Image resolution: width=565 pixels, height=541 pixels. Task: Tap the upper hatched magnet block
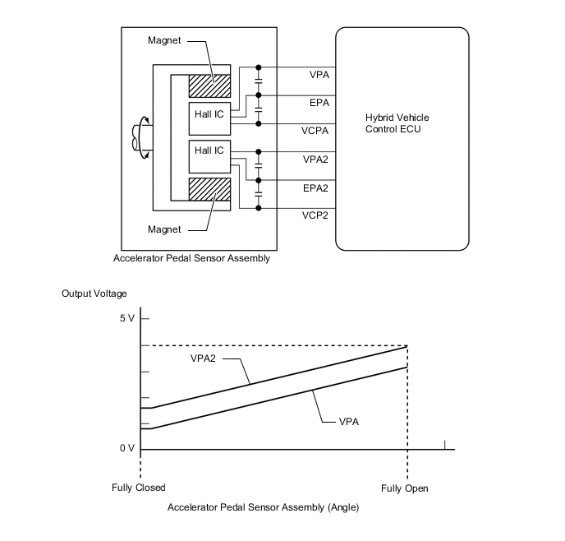tap(210, 86)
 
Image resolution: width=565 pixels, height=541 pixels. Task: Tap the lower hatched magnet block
tap(210, 188)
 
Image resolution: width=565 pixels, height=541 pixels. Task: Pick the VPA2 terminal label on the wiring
tap(315, 159)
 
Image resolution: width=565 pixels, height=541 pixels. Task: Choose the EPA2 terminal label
tap(315, 187)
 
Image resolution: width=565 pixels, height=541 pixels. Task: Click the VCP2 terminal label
tap(315, 215)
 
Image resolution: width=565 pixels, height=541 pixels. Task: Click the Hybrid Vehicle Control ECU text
tap(397, 124)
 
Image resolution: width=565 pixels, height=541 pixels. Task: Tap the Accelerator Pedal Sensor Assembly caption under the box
tap(192, 258)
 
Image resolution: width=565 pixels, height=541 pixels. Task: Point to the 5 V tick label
tap(126, 318)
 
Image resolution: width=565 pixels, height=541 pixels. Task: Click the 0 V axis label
tap(126, 449)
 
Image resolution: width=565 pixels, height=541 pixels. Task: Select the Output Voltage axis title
tap(94, 294)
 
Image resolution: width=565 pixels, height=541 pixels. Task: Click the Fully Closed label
tap(139, 488)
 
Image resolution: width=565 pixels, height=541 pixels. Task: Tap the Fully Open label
tap(405, 488)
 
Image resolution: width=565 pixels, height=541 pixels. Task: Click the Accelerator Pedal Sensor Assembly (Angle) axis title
tap(263, 508)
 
